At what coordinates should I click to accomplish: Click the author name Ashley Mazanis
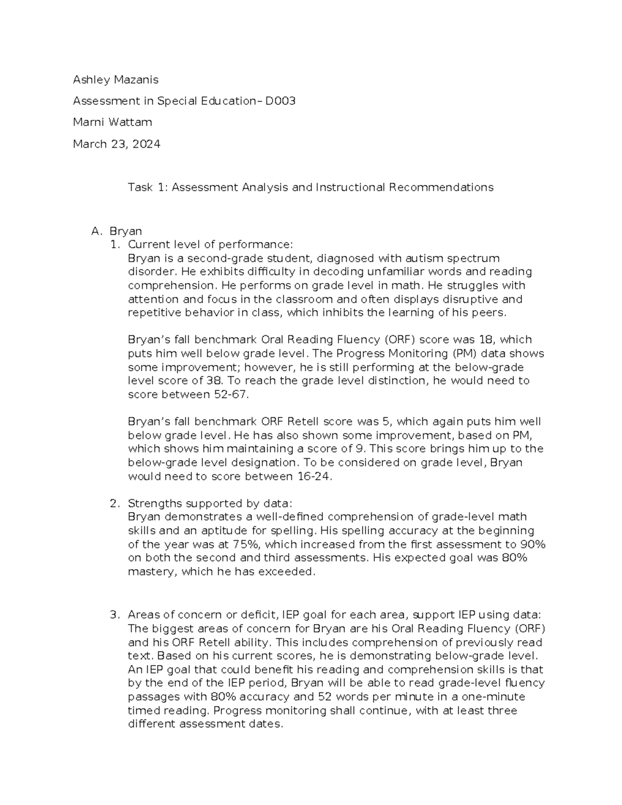click(116, 80)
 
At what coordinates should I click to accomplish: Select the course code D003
click(280, 101)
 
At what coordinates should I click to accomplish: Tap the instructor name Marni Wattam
click(112, 122)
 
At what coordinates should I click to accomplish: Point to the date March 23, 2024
click(117, 144)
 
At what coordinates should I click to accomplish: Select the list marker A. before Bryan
click(96, 231)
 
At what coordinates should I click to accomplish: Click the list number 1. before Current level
click(115, 245)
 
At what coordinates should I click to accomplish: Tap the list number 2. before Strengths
click(115, 503)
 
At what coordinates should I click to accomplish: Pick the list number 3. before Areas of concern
click(115, 615)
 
